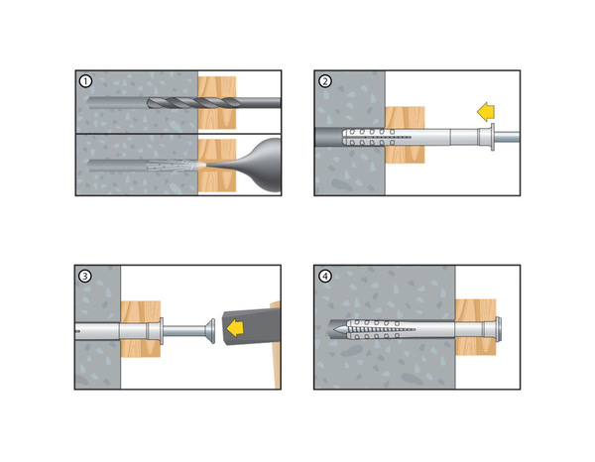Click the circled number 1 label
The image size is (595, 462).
pyautogui.click(x=85, y=81)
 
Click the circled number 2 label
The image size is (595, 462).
pyautogui.click(x=325, y=81)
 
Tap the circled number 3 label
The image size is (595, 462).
pyautogui.click(x=84, y=276)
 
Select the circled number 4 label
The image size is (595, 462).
pyautogui.click(x=325, y=276)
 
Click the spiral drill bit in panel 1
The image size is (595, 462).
pyautogui.click(x=193, y=102)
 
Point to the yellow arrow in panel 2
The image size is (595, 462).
pyautogui.click(x=486, y=113)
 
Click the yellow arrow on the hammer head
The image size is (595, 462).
pyautogui.click(x=235, y=327)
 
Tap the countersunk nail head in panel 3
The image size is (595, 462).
pyautogui.click(x=210, y=331)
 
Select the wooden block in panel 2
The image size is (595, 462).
pyautogui.click(x=405, y=135)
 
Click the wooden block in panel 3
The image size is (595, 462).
pyautogui.click(x=141, y=329)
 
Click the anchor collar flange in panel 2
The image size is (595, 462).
pyautogui.click(x=493, y=137)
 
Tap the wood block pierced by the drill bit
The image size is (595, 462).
pyautogui.click(x=217, y=103)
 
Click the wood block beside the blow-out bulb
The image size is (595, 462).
pyautogui.click(x=217, y=166)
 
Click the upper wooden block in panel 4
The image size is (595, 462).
pyautogui.click(x=475, y=310)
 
